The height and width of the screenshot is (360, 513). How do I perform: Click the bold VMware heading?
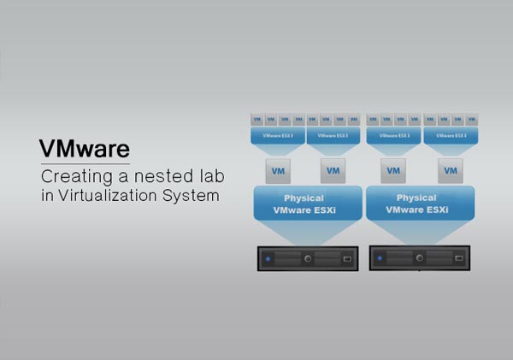pos(85,147)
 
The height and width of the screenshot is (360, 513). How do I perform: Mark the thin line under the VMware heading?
pos(85,162)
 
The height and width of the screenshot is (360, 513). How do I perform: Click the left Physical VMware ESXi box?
pos(304,204)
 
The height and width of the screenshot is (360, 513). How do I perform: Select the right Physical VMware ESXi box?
pos(416,204)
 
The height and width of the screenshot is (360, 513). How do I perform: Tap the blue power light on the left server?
pos(268,257)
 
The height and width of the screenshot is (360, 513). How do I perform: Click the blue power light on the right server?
pos(380,257)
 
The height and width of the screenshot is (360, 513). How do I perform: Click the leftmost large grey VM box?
pos(278,171)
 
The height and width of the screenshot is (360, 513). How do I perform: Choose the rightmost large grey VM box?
pos(451,171)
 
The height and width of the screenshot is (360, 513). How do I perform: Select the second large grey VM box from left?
pos(333,171)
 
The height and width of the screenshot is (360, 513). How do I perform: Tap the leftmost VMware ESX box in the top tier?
pos(278,135)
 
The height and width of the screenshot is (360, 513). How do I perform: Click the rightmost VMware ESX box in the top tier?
pos(451,135)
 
